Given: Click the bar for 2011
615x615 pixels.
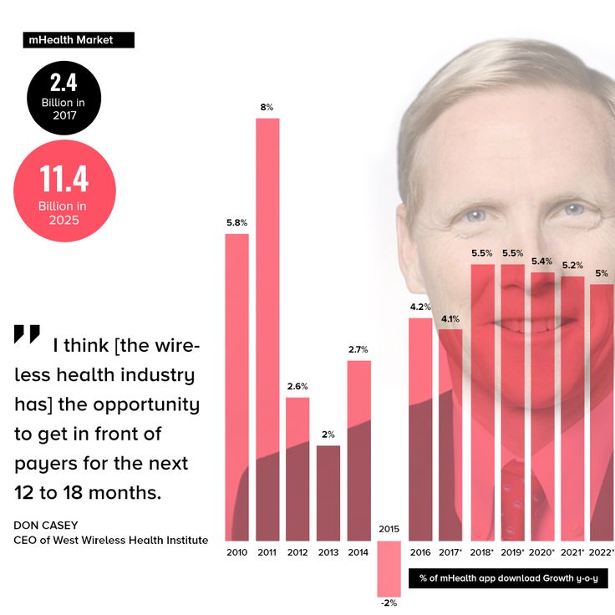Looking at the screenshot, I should pyautogui.click(x=267, y=329).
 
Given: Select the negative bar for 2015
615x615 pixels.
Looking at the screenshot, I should pyautogui.click(x=389, y=568).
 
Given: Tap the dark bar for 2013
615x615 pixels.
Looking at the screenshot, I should pyautogui.click(x=328, y=493).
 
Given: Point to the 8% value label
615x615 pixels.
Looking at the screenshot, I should pyautogui.click(x=267, y=107).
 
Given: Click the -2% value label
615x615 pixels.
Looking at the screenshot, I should pyautogui.click(x=389, y=603).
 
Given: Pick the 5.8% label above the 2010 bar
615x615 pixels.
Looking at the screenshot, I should pyautogui.click(x=237, y=223).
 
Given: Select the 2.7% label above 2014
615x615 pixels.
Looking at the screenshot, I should pyautogui.click(x=358, y=349).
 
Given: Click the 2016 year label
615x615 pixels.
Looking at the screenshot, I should pyautogui.click(x=419, y=552).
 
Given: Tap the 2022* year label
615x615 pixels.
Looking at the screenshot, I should pyautogui.click(x=602, y=552).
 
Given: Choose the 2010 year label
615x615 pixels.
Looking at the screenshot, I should pyautogui.click(x=237, y=552).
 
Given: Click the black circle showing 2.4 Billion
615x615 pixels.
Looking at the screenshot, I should pyautogui.click(x=64, y=98).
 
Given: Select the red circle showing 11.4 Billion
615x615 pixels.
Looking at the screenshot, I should pyautogui.click(x=64, y=191).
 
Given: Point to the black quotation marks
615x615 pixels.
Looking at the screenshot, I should pyautogui.click(x=27, y=334).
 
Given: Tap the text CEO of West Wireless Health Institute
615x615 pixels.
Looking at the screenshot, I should pyautogui.click(x=110, y=540).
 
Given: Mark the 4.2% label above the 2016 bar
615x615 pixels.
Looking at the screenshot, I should pyautogui.click(x=419, y=307).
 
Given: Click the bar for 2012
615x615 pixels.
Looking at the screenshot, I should pyautogui.click(x=297, y=468).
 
